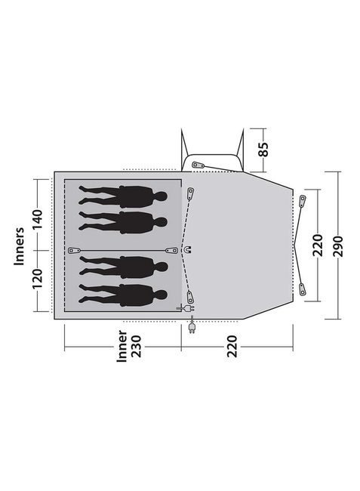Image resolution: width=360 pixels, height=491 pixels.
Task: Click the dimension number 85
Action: [x=264, y=150]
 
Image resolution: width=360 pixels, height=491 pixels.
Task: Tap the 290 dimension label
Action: [x=338, y=246]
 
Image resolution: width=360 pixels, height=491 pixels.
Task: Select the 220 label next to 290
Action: [x=318, y=245]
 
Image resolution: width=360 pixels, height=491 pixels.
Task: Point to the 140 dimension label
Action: [x=37, y=219]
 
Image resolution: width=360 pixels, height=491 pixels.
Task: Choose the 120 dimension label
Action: [x=37, y=279]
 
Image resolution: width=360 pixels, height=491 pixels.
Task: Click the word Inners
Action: [x=19, y=246]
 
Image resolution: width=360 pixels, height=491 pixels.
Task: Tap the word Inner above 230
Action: [x=122, y=346]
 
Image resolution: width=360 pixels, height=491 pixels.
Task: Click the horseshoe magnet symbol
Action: [x=188, y=250]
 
